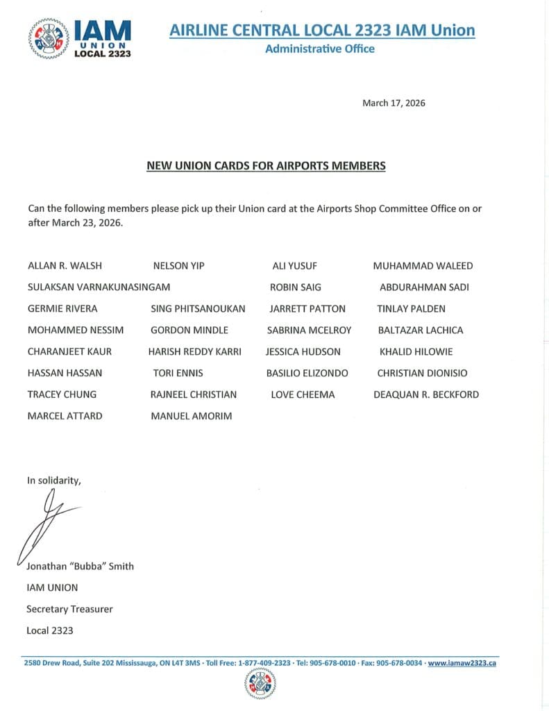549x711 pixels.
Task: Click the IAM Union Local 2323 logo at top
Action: (80, 38)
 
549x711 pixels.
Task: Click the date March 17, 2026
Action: (394, 103)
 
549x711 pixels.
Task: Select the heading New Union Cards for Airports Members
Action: (266, 166)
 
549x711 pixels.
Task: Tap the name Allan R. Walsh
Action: (65, 266)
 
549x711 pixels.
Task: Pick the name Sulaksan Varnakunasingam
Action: (99, 287)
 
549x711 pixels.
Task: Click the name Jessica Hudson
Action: (303, 351)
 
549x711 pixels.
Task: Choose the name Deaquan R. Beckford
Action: (426, 394)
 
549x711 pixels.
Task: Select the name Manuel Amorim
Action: (192, 416)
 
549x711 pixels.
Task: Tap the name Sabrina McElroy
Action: (309, 330)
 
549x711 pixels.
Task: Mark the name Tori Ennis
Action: (178, 373)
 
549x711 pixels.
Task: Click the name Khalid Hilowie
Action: (416, 351)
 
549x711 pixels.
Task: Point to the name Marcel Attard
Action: (65, 416)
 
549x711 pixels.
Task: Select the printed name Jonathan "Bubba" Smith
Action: (80, 566)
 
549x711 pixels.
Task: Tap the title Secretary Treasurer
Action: (69, 609)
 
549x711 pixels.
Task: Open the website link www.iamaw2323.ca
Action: (462, 663)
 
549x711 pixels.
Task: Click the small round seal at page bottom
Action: (260, 684)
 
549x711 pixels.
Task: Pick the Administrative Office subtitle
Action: (320, 49)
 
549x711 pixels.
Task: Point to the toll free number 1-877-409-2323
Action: (264, 663)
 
